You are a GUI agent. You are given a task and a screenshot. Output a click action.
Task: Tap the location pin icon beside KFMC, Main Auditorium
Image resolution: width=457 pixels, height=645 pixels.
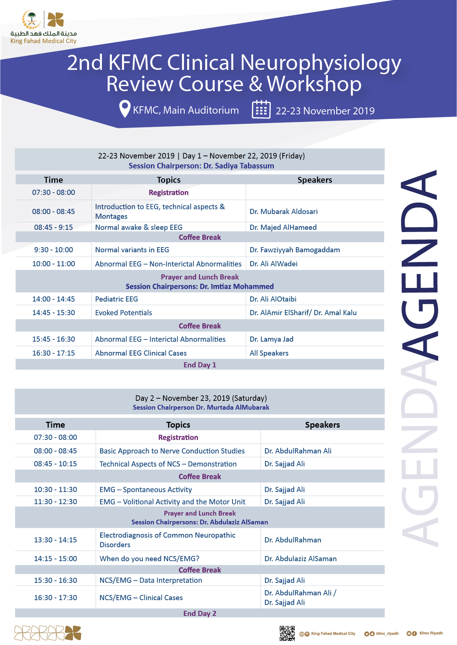pyautogui.click(x=125, y=109)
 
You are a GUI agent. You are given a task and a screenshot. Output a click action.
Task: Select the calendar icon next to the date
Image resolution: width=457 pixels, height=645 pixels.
pyautogui.click(x=261, y=110)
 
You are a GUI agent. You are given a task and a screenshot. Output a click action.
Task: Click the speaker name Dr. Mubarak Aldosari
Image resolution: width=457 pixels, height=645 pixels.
pyautogui.click(x=283, y=211)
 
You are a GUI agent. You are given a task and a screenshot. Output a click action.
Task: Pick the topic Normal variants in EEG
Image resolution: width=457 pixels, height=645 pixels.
pyautogui.click(x=132, y=250)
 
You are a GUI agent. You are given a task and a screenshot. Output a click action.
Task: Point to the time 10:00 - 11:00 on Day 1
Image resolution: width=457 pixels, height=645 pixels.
pyautogui.click(x=53, y=264)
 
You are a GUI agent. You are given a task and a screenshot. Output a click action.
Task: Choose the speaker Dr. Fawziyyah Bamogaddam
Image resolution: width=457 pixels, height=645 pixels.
pyautogui.click(x=294, y=250)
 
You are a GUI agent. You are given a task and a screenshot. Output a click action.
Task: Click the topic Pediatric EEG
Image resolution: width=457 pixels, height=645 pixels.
pyautogui.click(x=116, y=299)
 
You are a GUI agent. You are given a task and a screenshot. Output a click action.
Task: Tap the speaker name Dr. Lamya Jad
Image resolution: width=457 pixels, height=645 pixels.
pyautogui.click(x=271, y=339)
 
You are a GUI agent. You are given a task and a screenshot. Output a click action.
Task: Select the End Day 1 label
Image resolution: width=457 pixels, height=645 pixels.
pyautogui.click(x=200, y=365)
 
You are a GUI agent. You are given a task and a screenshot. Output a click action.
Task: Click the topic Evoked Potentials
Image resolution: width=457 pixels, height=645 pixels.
pyautogui.click(x=123, y=313)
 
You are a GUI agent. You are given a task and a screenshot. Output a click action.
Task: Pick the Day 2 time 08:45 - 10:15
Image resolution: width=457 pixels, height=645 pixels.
pyautogui.click(x=55, y=464)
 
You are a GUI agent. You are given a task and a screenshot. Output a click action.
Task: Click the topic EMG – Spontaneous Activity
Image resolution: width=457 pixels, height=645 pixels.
pyautogui.click(x=145, y=490)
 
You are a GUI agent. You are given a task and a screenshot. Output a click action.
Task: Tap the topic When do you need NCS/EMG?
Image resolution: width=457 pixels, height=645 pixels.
pyautogui.click(x=149, y=559)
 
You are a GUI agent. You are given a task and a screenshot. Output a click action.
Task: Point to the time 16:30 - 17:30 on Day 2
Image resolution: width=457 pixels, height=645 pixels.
pyautogui.click(x=55, y=598)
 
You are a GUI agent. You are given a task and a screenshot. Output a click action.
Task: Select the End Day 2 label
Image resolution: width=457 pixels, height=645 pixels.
pyautogui.click(x=200, y=613)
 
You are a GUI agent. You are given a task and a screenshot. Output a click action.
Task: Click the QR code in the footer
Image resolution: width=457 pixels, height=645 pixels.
pyautogui.click(x=287, y=633)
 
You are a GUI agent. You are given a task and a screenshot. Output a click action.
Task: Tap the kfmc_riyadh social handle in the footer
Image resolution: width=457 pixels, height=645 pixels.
pyautogui.click(x=387, y=634)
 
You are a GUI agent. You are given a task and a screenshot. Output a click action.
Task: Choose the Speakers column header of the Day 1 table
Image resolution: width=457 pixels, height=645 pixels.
pyautogui.click(x=315, y=180)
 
